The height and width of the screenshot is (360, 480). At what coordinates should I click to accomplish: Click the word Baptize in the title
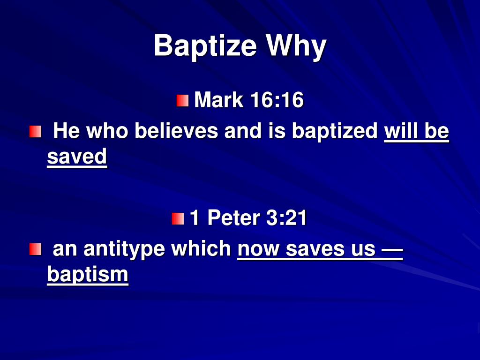point(205,46)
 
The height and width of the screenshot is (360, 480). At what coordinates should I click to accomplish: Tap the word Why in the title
point(296,46)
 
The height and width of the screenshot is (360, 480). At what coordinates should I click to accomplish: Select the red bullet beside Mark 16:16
point(182,100)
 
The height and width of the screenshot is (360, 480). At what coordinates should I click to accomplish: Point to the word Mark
point(219,100)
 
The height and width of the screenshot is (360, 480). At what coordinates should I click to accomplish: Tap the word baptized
point(335,132)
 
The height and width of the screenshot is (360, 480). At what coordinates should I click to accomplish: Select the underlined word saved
point(77,157)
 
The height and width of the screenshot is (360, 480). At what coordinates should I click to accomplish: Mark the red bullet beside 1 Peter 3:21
point(178,218)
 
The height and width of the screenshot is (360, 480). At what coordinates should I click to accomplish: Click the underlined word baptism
point(88,274)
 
